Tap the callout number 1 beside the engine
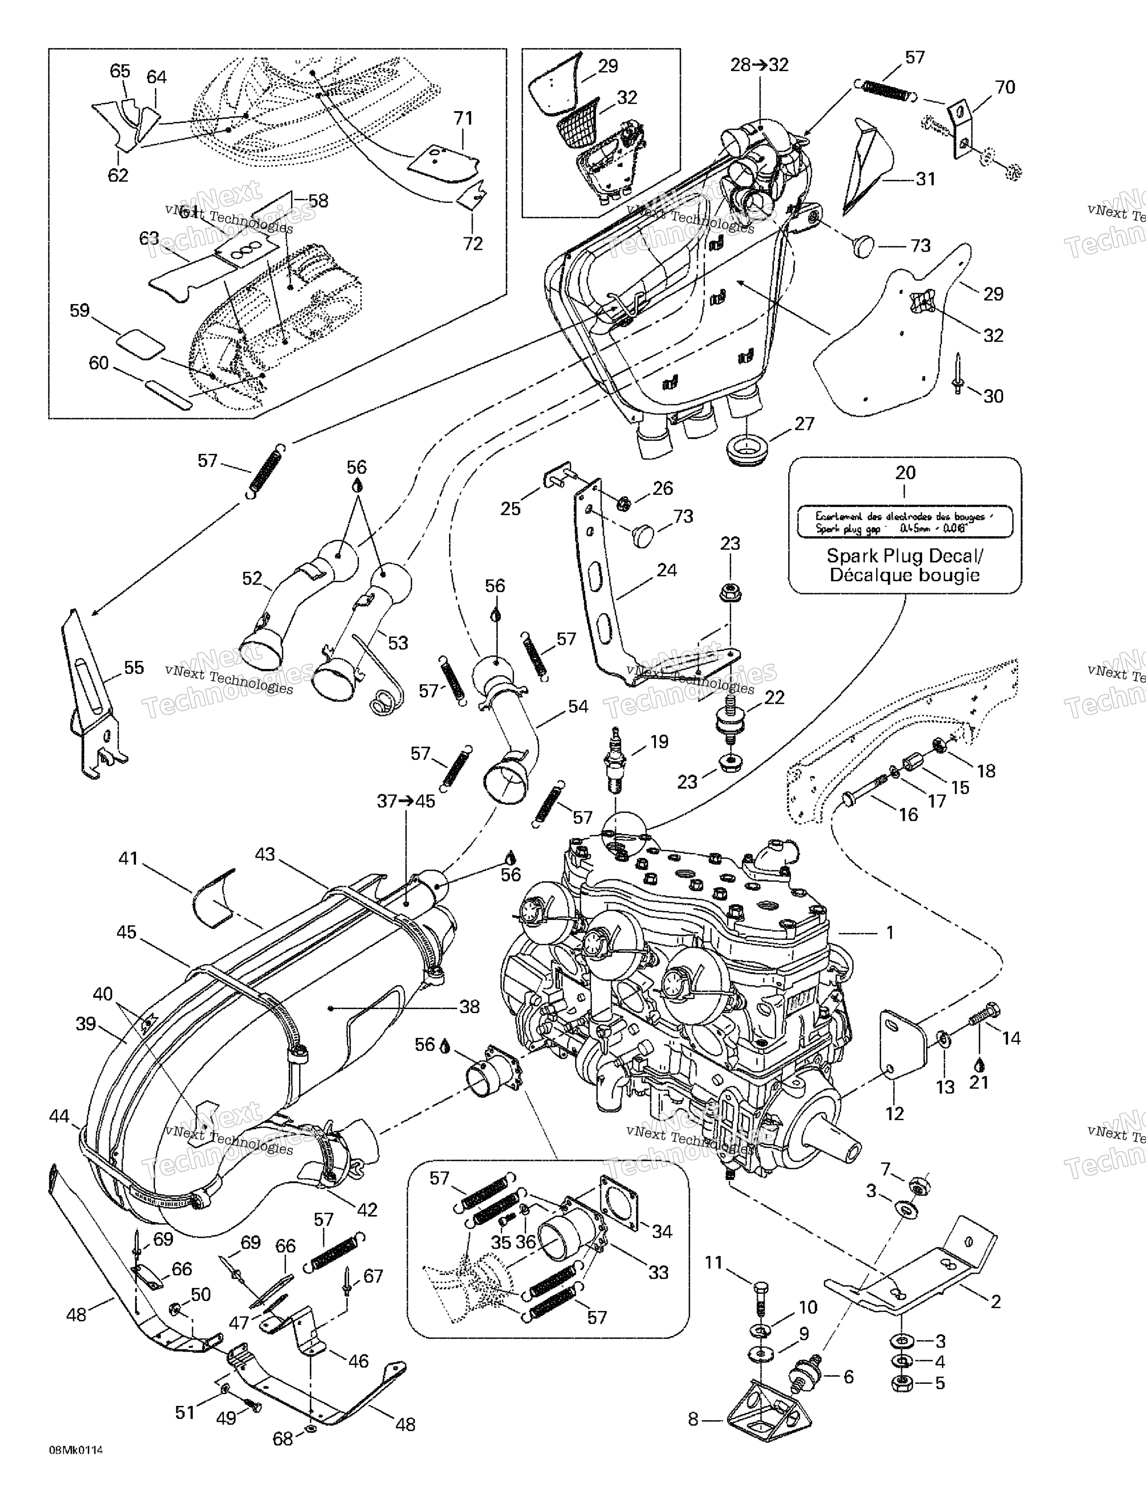click(889, 932)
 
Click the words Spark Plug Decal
click(905, 555)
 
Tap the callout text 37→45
click(406, 801)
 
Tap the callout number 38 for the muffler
click(469, 1007)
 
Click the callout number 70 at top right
click(1005, 87)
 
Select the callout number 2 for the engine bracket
click(995, 1301)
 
